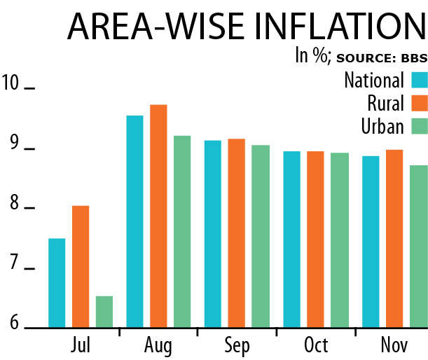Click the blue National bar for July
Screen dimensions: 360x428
(57, 283)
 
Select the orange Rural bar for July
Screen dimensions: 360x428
(81, 266)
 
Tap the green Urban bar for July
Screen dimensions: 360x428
(104, 312)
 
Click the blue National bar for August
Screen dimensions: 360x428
(134, 221)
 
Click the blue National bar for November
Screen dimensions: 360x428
(371, 242)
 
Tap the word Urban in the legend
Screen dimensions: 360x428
(382, 126)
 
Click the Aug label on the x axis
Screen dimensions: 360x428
(158, 347)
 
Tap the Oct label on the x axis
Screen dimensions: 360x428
(316, 347)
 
